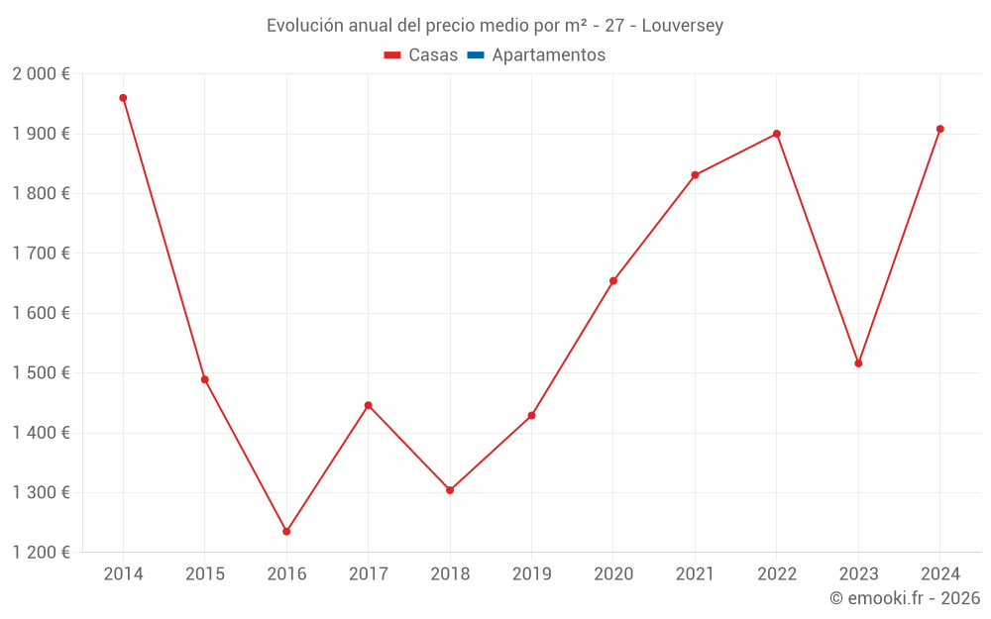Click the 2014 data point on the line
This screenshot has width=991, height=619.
pyautogui.click(x=123, y=98)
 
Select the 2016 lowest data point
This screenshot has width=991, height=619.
pyautogui.click(x=286, y=532)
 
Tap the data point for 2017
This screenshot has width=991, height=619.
pyautogui.click(x=368, y=405)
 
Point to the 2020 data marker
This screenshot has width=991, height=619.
pyautogui.click(x=613, y=281)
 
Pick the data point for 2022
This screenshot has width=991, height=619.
pyautogui.click(x=777, y=134)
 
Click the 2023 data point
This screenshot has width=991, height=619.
pyautogui.click(x=858, y=363)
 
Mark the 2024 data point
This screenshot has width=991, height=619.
pyautogui.click(x=939, y=129)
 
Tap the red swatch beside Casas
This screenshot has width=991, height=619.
pyautogui.click(x=392, y=55)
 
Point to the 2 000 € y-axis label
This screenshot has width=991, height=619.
pyautogui.click(x=41, y=74)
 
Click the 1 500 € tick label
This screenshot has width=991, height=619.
pyautogui.click(x=41, y=373)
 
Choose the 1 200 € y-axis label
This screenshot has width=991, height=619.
pyautogui.click(x=41, y=553)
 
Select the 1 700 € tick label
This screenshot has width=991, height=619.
pyautogui.click(x=41, y=254)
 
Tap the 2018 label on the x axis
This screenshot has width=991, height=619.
pyautogui.click(x=450, y=574)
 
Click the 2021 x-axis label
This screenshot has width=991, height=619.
pyautogui.click(x=695, y=574)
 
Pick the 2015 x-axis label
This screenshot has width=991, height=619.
pyautogui.click(x=205, y=574)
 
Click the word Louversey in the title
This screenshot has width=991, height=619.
pyautogui.click(x=683, y=26)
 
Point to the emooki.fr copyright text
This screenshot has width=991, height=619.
pyautogui.click(x=905, y=598)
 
